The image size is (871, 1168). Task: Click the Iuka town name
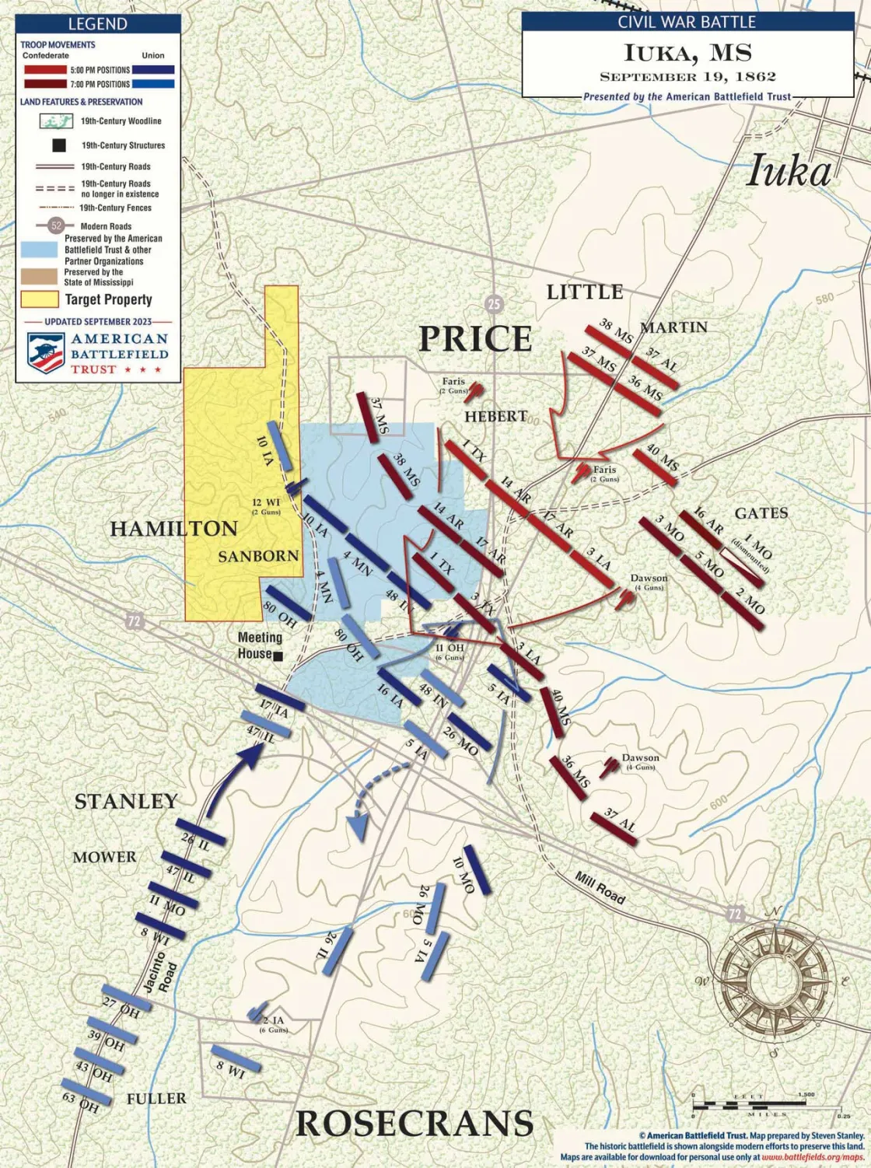(x=789, y=171)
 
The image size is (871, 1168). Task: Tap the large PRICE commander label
(x=475, y=339)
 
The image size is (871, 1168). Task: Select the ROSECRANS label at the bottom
(x=415, y=1124)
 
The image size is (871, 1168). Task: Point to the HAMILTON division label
(x=173, y=529)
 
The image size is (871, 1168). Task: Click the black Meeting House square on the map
(x=278, y=656)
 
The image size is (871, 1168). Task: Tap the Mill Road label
(x=600, y=887)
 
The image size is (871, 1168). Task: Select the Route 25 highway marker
(x=493, y=304)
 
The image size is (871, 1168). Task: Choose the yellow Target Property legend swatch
(x=40, y=299)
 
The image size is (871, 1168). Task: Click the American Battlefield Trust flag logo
(x=46, y=353)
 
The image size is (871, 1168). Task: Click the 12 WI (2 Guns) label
(x=266, y=506)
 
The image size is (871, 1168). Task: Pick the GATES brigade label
(x=761, y=513)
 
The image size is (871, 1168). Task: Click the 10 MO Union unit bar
(x=477, y=869)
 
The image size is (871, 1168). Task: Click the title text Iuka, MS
(x=687, y=54)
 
